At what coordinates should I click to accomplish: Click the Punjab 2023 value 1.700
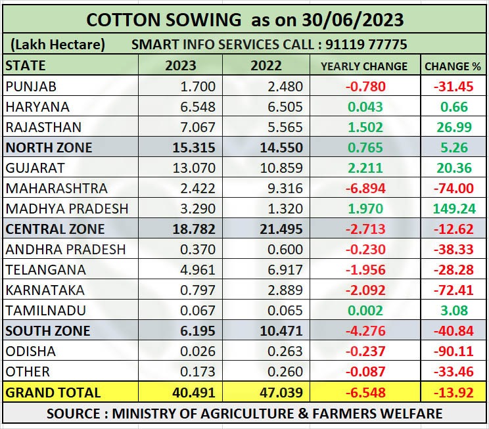pos(198,86)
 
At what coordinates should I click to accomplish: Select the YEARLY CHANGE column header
pos(363,66)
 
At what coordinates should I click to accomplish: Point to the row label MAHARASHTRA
pos(56,189)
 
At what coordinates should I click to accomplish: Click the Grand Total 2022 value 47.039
pos(282,392)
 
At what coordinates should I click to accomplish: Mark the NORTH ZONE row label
pos(49,148)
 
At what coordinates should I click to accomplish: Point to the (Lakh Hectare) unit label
pos(57,45)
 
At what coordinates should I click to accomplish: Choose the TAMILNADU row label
pos(45,311)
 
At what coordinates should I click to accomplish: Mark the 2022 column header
pos(266,66)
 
